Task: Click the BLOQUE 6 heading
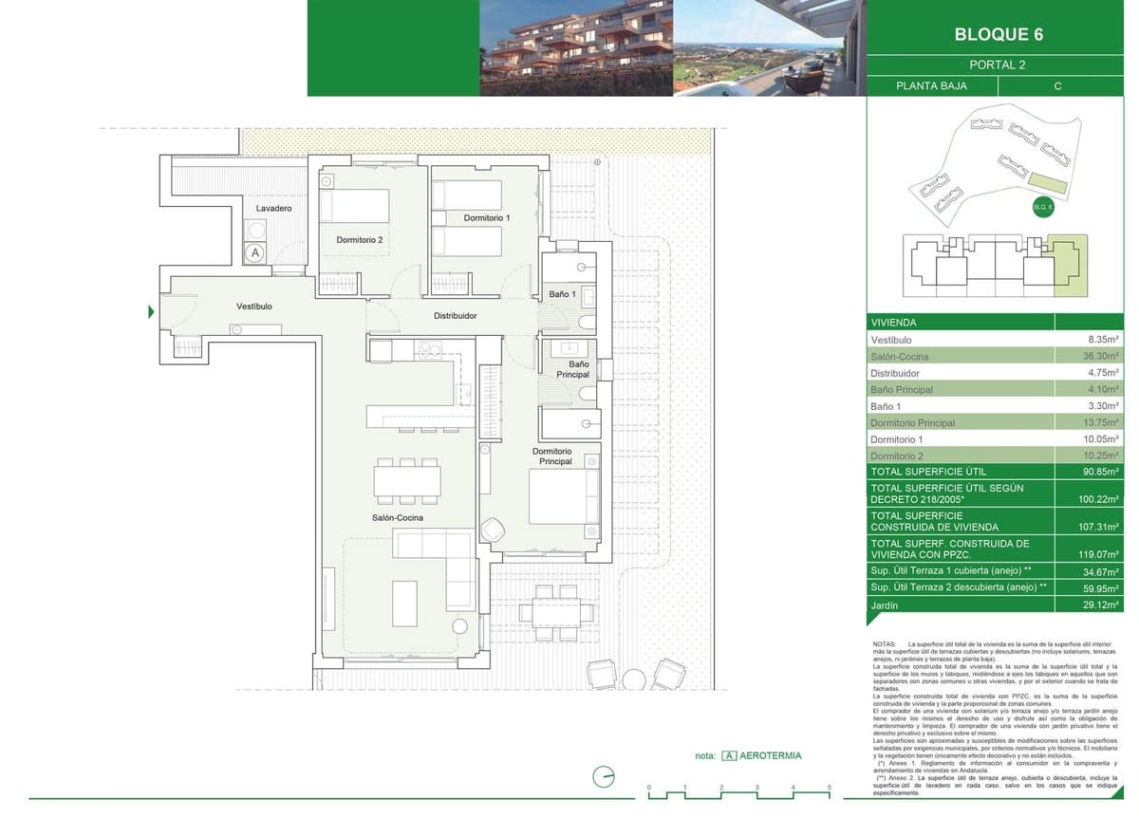(998, 35)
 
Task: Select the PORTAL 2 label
(997, 65)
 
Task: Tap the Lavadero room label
(273, 208)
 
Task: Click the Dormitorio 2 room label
(360, 240)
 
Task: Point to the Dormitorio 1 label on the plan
(487, 218)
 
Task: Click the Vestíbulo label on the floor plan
(254, 307)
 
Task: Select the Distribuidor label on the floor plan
(455, 316)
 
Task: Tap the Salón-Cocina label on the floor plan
(398, 518)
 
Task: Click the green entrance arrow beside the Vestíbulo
(151, 312)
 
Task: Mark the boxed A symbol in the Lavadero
(254, 253)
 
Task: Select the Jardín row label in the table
(886, 604)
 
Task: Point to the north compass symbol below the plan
(603, 777)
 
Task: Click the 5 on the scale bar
(829, 788)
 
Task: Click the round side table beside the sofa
(460, 626)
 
